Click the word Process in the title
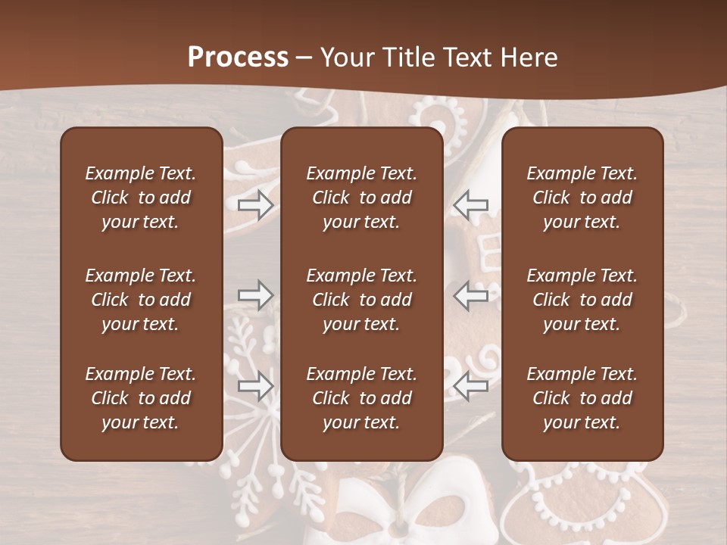click(238, 57)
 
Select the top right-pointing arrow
click(255, 205)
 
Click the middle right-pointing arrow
click(255, 295)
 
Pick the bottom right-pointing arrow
click(255, 385)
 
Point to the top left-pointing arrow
click(471, 205)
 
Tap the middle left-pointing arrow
click(471, 295)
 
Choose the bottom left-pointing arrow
click(471, 385)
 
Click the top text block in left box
click(141, 198)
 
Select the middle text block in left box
click(141, 300)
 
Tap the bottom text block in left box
click(141, 398)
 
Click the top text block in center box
click(362, 198)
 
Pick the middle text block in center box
click(362, 300)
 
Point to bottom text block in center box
click(362, 398)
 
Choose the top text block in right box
click(582, 198)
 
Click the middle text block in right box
click(582, 300)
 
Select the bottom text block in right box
click(582, 398)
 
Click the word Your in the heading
click(346, 57)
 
